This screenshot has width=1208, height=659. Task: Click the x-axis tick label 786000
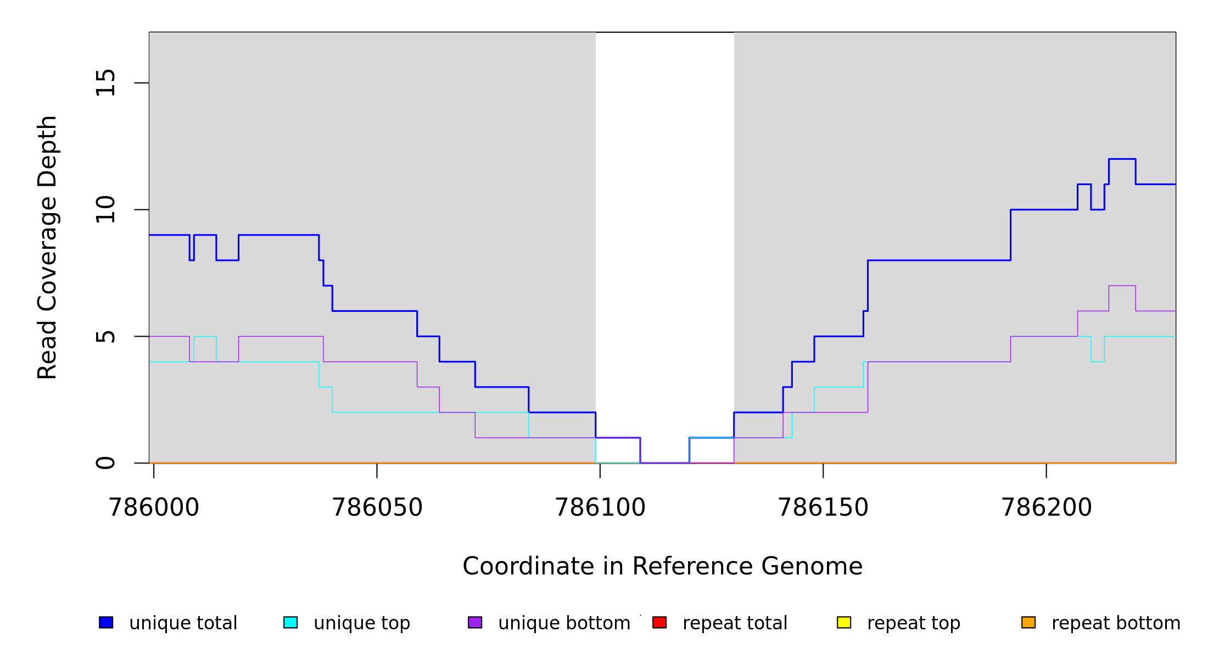point(154,508)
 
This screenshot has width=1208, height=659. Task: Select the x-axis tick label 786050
point(377,508)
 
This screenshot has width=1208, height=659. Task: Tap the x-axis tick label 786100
point(600,508)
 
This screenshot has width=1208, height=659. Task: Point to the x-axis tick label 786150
point(823,508)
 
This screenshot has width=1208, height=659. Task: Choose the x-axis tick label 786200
point(1047,508)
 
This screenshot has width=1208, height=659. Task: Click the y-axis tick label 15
point(106,83)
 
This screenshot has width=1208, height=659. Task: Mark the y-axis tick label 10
point(106,210)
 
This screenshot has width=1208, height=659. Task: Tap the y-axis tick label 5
point(106,336)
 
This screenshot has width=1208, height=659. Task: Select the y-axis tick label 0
point(106,463)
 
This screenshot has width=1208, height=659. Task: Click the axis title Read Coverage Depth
point(47,247)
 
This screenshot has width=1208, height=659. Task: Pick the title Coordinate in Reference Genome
point(662,567)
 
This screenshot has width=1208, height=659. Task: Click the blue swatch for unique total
point(106,623)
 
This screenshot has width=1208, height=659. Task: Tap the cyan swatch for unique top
point(290,623)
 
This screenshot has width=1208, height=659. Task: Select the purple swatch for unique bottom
point(475,623)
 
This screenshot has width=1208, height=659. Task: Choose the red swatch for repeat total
point(659,623)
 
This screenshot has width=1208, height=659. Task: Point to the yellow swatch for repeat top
point(844,623)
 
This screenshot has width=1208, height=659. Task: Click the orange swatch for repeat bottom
point(1028,623)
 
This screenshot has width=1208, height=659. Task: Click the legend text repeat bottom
point(1116,623)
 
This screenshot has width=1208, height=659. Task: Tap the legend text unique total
point(183,623)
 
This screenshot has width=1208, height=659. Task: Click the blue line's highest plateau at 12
point(1122,159)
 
